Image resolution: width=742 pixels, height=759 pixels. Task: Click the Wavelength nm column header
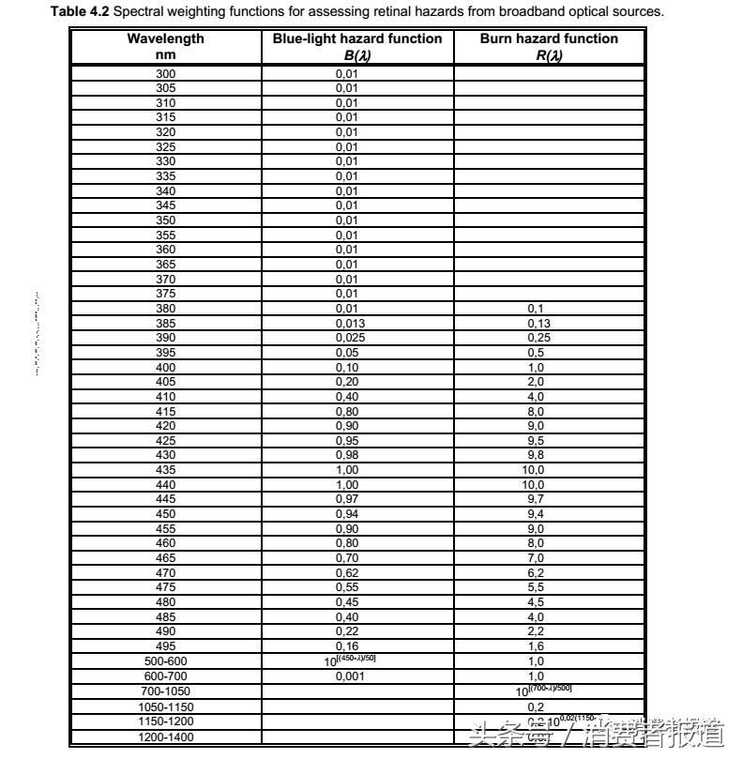coord(165,46)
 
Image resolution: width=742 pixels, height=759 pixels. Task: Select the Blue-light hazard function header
coord(356,46)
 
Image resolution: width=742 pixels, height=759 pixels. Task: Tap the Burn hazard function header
coord(549,46)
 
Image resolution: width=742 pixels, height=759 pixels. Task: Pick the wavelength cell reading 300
coord(165,73)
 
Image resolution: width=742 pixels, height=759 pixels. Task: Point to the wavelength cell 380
coord(165,309)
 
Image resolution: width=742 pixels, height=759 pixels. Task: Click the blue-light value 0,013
coord(349,324)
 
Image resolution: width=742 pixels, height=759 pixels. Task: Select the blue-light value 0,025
coord(349,338)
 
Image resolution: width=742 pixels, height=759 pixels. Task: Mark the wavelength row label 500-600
coord(165,661)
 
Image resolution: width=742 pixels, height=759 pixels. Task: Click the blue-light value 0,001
coord(349,676)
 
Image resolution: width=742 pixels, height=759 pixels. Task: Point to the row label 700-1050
coord(165,691)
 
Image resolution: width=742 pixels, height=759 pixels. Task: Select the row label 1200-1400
coord(165,736)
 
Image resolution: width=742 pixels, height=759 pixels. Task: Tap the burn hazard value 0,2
coord(536,706)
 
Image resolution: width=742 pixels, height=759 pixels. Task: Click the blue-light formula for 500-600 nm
coord(349,660)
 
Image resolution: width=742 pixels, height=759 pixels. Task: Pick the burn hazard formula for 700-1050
coord(544,691)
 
